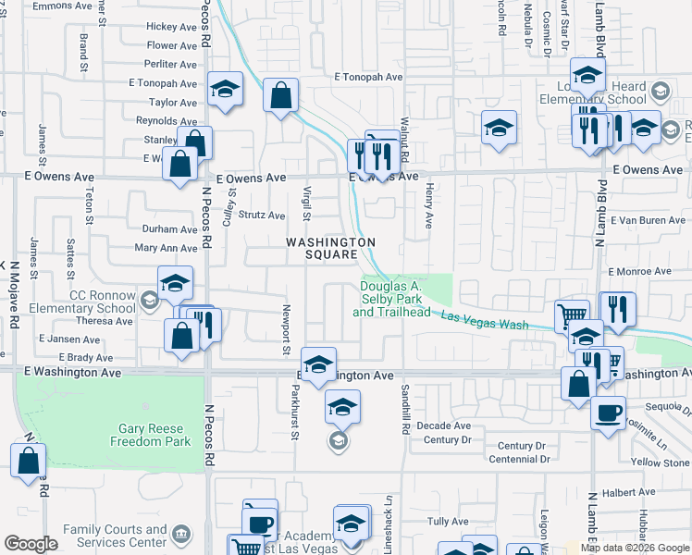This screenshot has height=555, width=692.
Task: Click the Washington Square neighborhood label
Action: pos(330,248)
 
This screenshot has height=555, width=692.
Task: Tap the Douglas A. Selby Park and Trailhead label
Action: pos(391,300)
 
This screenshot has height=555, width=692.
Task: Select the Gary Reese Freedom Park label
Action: pos(155,435)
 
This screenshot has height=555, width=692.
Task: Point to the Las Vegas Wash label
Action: pos(484,322)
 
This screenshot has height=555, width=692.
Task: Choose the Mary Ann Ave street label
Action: pos(166,248)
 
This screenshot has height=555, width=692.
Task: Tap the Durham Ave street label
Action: pos(169,228)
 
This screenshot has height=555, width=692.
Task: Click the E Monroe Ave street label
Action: pos(639,271)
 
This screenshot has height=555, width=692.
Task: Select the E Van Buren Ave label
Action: pos(651,220)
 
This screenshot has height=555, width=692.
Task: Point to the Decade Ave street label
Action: pos(444,425)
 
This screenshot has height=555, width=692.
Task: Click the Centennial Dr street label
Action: pos(519,459)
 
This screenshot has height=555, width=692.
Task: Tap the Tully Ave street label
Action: pos(448,523)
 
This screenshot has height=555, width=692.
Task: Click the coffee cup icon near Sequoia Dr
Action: pos(608,412)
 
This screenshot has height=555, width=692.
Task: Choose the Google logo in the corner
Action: pos(31,544)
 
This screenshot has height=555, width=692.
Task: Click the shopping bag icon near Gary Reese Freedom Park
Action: pos(29,460)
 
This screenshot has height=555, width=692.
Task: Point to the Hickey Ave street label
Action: pos(172,27)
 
